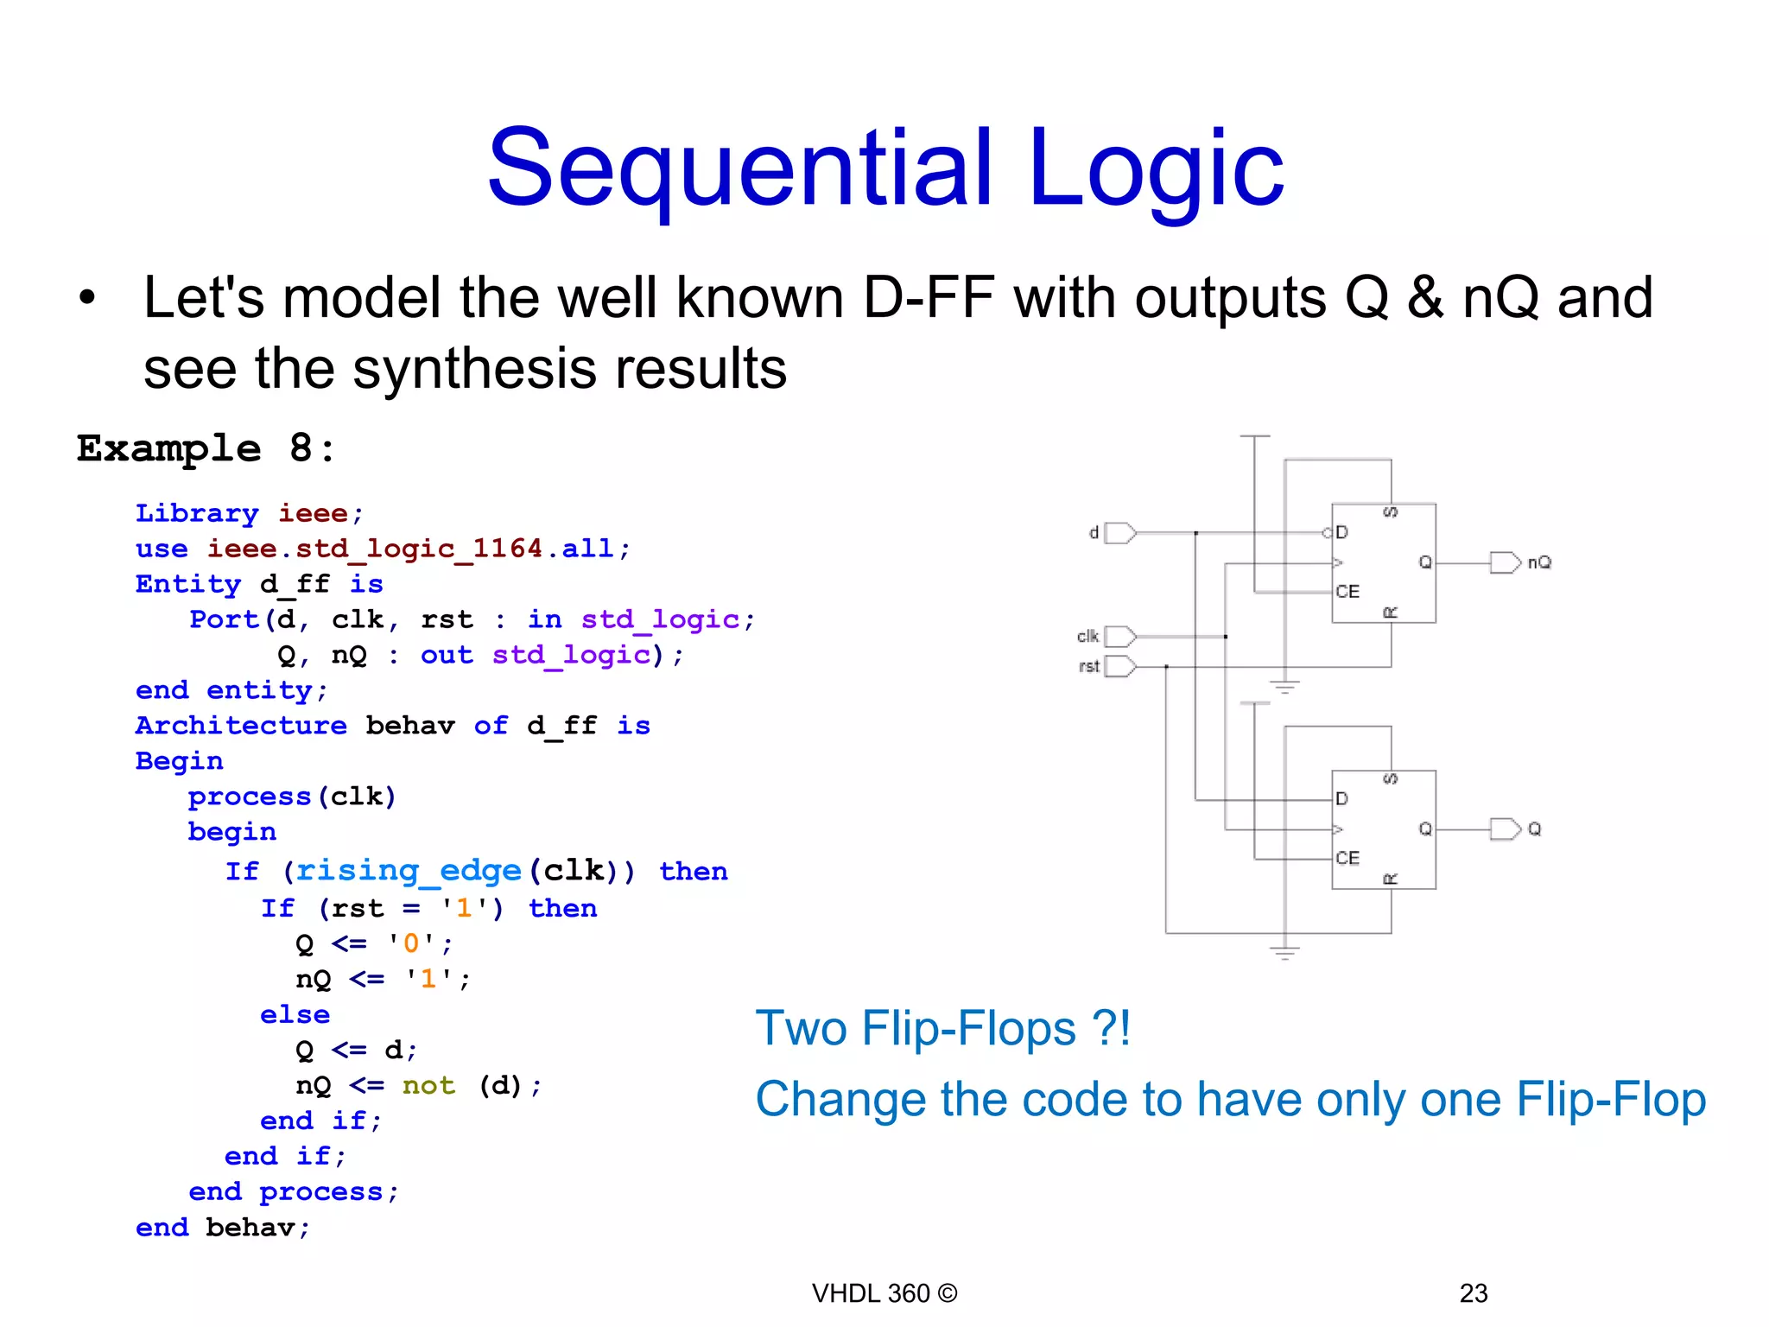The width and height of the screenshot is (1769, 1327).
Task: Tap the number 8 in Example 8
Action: [x=301, y=448]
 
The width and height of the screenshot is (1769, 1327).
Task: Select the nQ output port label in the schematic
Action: [x=1539, y=562]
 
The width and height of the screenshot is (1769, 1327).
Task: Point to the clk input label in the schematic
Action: [x=1087, y=637]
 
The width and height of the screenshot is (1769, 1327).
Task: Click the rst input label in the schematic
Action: [x=1088, y=666]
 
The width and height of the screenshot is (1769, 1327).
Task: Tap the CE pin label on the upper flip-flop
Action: [x=1347, y=592]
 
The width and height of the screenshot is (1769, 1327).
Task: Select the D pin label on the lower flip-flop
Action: [x=1341, y=799]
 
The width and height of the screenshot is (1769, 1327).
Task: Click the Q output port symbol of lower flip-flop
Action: [x=1505, y=829]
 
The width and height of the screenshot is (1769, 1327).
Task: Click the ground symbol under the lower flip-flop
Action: [x=1284, y=953]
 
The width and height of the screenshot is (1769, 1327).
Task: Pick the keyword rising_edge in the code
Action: [x=409, y=871]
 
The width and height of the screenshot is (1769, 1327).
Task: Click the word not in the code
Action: [x=428, y=1085]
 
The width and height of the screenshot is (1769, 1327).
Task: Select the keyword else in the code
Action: [x=295, y=1014]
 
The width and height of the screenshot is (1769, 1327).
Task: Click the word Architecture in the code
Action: [x=241, y=725]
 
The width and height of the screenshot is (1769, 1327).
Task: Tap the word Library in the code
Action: [x=197, y=513]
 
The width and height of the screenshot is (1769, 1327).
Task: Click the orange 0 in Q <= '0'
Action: [x=411, y=943]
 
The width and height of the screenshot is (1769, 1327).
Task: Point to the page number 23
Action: [x=1473, y=1293]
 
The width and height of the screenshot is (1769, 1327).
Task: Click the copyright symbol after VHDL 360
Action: [x=948, y=1293]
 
